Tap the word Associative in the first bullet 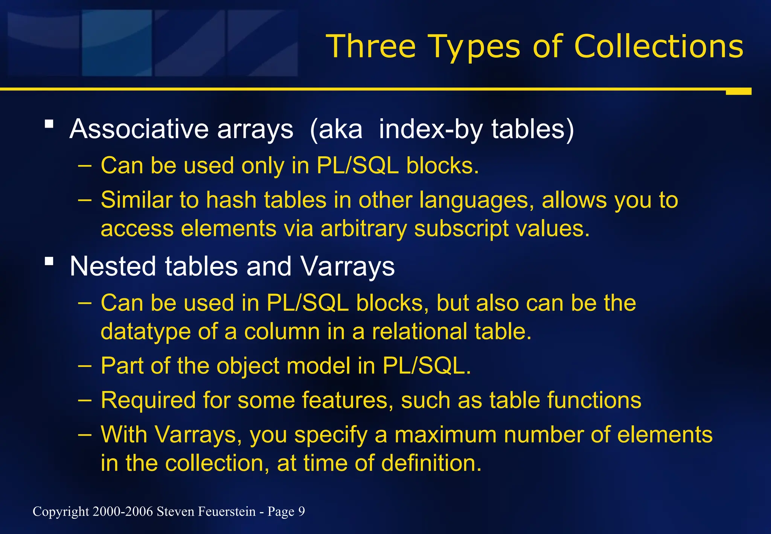(139, 129)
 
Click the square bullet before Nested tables (49, 261)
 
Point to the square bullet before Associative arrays (49, 124)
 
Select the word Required (148, 400)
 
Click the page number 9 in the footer (302, 511)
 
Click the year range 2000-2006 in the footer (123, 511)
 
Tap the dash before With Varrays (85, 435)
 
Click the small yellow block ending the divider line (738, 92)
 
